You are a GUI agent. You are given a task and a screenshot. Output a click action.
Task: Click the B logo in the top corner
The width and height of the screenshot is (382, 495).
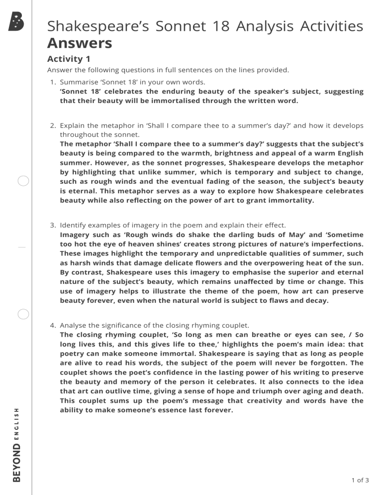click(16, 22)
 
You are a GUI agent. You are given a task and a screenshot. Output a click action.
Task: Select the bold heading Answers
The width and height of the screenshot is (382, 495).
click(80, 43)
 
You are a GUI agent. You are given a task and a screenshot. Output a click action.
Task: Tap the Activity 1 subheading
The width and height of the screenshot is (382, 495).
click(68, 59)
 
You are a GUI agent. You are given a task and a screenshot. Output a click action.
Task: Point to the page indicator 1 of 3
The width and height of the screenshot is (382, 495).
click(360, 480)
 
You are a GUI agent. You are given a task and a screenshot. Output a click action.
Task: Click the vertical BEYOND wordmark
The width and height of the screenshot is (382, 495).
click(16, 463)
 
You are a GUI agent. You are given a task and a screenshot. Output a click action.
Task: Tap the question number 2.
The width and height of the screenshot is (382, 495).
click(53, 125)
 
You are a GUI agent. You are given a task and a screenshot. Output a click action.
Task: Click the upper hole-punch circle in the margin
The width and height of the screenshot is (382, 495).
click(23, 181)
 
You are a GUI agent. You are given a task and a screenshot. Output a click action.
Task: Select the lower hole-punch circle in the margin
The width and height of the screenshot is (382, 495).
click(23, 314)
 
